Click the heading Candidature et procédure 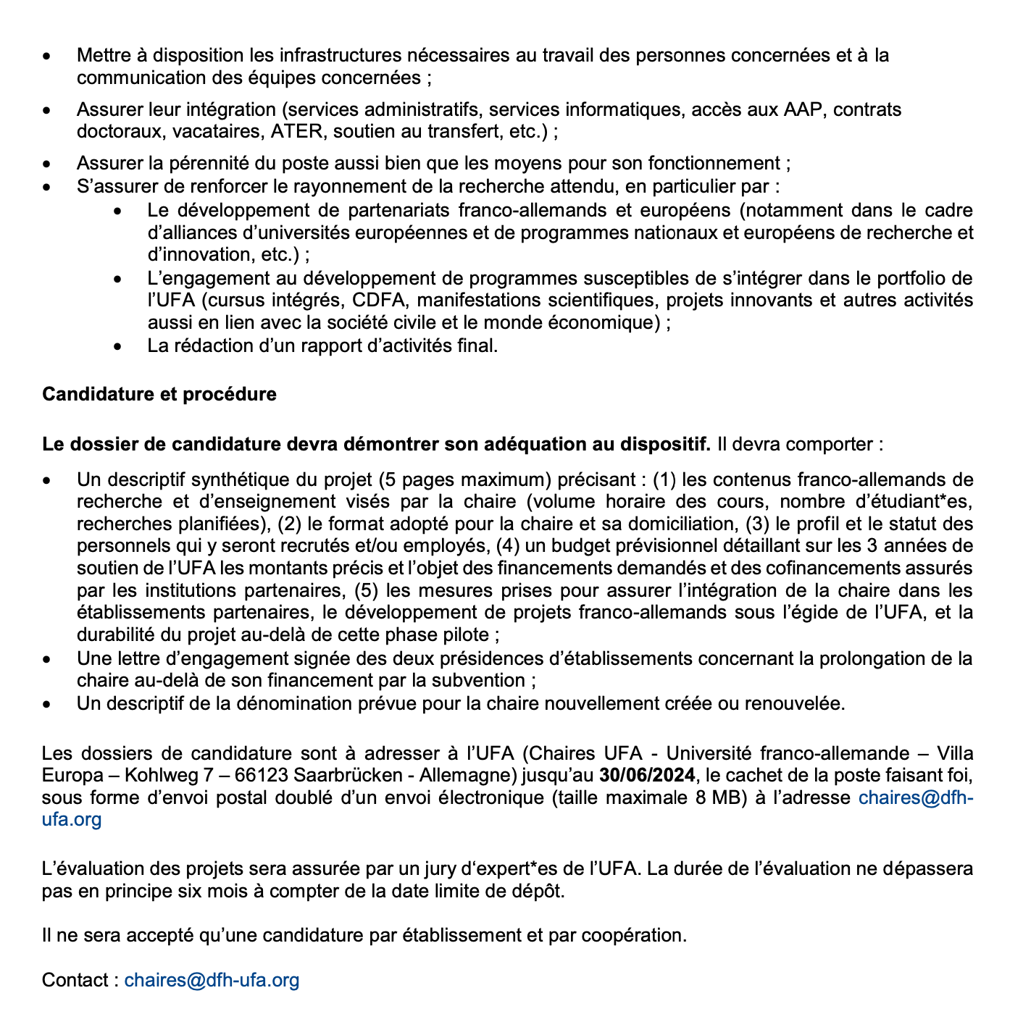point(159,394)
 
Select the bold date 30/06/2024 point(647,775)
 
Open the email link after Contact point(212,980)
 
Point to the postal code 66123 point(262,775)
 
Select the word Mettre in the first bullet point(102,55)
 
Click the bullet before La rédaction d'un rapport point(118,346)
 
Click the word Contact point(75,980)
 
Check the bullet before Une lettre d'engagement point(47,659)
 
